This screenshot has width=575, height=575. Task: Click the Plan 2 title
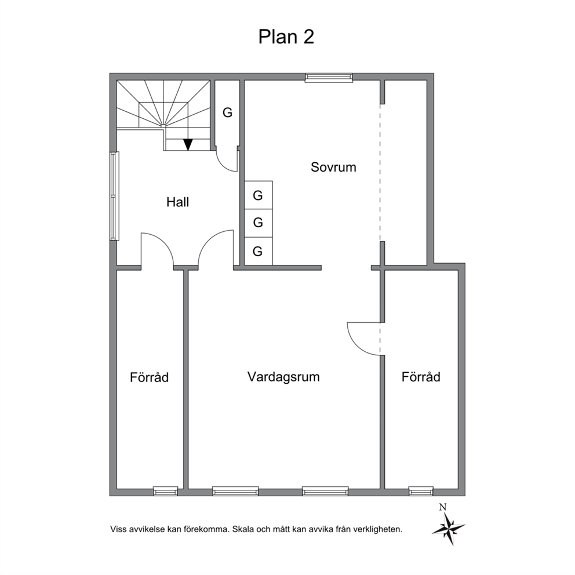(x=286, y=37)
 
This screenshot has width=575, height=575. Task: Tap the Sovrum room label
(x=333, y=167)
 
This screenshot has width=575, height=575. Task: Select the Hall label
(x=177, y=202)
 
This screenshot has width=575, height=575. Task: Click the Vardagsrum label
(x=283, y=377)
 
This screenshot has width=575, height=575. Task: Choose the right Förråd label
(x=421, y=377)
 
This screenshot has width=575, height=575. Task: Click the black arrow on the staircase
(x=188, y=144)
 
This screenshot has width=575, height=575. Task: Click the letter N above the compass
(x=443, y=507)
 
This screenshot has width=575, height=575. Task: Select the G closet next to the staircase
(x=227, y=112)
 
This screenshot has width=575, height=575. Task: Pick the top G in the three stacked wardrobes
(x=258, y=195)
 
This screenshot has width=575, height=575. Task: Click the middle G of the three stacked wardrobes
(x=258, y=222)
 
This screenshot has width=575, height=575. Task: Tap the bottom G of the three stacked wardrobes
(x=258, y=251)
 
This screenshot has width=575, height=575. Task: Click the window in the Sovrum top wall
(x=329, y=77)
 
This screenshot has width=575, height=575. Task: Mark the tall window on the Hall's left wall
(x=115, y=196)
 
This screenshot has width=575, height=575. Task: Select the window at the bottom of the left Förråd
(x=165, y=491)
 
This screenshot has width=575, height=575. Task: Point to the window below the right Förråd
(x=421, y=491)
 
